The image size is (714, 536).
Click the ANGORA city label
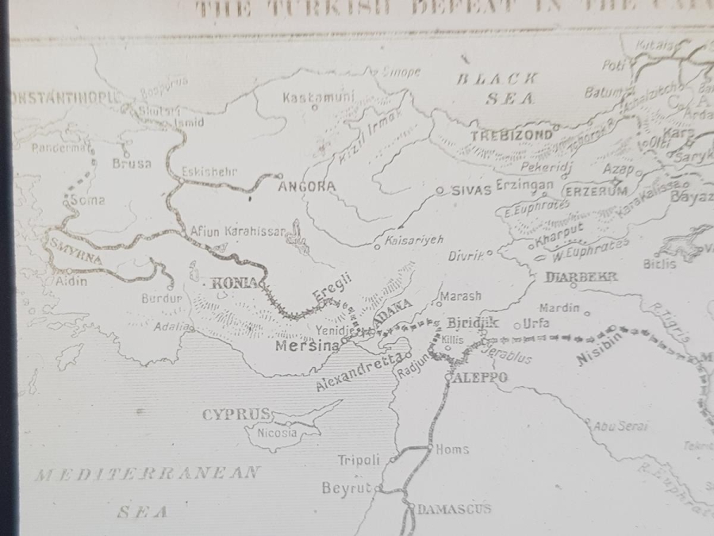(307, 187)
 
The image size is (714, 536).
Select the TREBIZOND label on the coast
(512, 135)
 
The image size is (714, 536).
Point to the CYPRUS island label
(236, 415)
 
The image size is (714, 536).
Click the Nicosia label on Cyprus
(277, 433)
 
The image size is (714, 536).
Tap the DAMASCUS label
(454, 508)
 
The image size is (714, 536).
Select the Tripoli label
(359, 460)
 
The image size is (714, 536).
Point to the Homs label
(453, 449)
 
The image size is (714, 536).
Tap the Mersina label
(306, 346)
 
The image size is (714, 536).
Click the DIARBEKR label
(582, 277)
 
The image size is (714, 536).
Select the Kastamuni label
(318, 98)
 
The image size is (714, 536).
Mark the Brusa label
(132, 164)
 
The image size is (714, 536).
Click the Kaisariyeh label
(413, 239)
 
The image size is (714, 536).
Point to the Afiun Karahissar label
(237, 231)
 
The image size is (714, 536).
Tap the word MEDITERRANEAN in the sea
(147, 474)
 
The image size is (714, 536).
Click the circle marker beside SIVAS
(440, 191)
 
